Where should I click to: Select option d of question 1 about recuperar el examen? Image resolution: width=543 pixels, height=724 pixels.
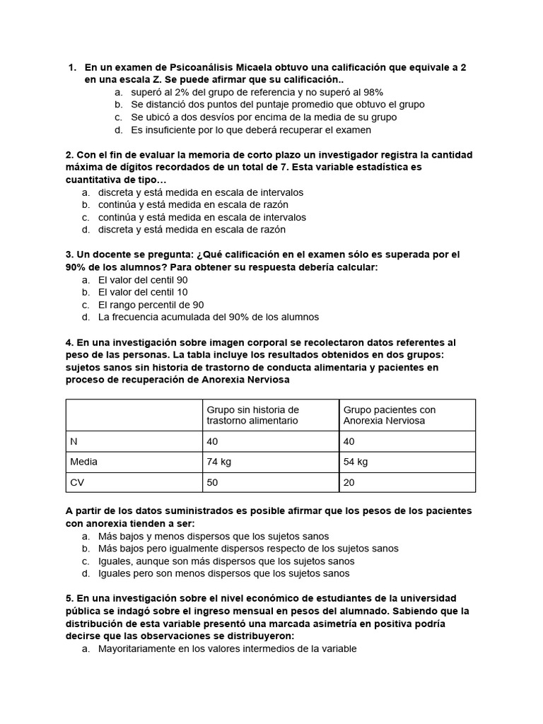tap(250, 130)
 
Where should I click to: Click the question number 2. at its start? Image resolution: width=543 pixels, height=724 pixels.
tap(69, 155)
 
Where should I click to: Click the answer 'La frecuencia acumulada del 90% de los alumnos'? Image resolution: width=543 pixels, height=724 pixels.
tap(209, 317)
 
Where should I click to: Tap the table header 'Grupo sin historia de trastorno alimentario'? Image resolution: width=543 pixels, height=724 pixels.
tap(252, 415)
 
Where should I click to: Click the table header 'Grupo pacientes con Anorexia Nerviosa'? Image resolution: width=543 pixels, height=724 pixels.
tap(389, 415)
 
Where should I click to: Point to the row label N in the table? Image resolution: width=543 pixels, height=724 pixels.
tap(74, 441)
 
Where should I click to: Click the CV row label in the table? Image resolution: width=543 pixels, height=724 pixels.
tap(77, 482)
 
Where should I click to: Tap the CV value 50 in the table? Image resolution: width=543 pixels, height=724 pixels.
tap(213, 482)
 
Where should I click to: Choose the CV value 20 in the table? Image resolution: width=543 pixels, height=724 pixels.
tap(349, 482)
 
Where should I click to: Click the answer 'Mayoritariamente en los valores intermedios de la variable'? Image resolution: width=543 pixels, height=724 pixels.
tap(228, 648)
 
